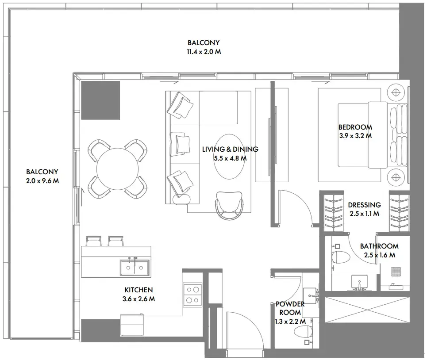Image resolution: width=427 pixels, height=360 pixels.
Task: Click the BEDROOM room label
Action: pyautogui.click(x=355, y=127)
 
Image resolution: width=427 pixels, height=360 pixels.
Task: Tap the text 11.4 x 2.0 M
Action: pyautogui.click(x=204, y=52)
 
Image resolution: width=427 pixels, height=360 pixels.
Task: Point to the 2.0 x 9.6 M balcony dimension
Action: pyautogui.click(x=42, y=180)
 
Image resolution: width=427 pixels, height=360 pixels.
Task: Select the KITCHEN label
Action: pyautogui.click(x=138, y=290)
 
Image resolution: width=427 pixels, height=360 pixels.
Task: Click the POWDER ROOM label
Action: pyautogui.click(x=290, y=308)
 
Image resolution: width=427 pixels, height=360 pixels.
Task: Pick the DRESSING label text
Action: pyautogui.click(x=364, y=205)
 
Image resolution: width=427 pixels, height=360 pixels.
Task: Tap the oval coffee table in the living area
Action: pyautogui.click(x=230, y=157)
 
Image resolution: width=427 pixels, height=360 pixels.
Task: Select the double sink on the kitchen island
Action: pyautogui.click(x=135, y=268)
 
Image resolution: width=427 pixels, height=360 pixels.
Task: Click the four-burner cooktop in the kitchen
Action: pyautogui.click(x=192, y=295)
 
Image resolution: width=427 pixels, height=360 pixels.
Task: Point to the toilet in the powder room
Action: pyautogui.click(x=304, y=332)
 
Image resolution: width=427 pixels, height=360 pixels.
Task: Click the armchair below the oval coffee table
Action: pyautogui.click(x=229, y=205)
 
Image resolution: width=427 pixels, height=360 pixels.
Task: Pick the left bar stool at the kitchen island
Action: pyautogui.click(x=94, y=241)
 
